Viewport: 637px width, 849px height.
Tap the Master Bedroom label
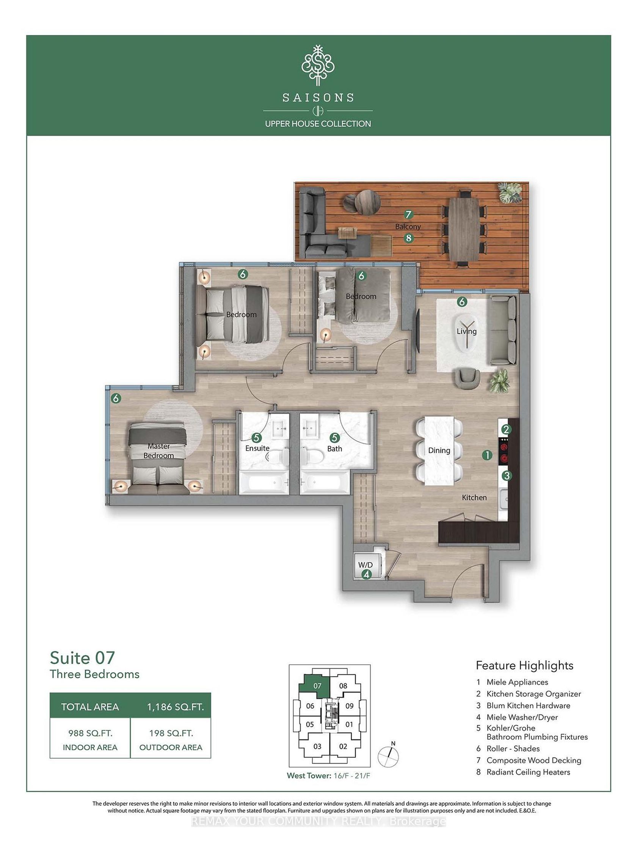[x=158, y=451]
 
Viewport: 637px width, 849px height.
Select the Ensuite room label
[x=257, y=448]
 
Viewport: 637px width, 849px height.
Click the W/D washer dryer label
[x=365, y=565]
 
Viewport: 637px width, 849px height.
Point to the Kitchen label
[x=474, y=497]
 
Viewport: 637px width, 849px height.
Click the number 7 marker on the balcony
[x=408, y=215]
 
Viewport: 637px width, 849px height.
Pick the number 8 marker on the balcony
[x=408, y=238]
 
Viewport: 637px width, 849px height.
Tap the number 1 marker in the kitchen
[x=487, y=455]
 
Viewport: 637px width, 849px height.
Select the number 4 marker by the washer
[x=367, y=575]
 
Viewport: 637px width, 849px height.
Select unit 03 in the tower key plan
[x=317, y=747]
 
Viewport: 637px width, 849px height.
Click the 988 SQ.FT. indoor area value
[x=90, y=733]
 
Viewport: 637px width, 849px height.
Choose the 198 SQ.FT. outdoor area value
[x=171, y=733]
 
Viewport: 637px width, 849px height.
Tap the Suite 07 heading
[x=83, y=658]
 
